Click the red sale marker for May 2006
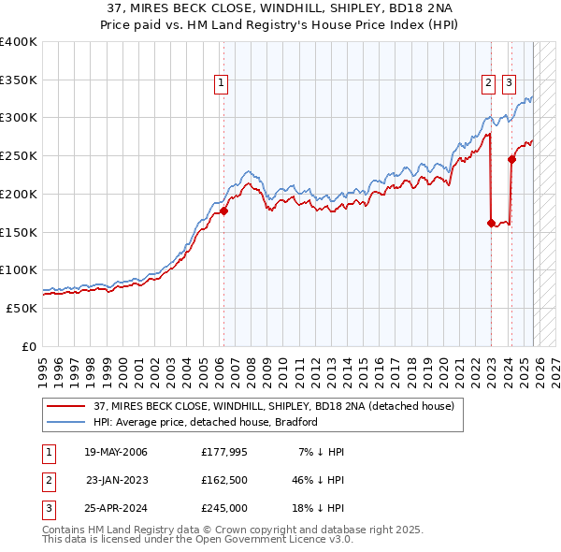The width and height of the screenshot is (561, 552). tap(223, 211)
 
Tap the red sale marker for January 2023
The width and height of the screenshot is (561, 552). tap(491, 223)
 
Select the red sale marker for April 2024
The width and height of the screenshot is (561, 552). tap(511, 159)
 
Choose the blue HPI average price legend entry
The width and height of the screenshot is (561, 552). tap(206, 422)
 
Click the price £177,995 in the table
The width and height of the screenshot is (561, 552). tap(223, 452)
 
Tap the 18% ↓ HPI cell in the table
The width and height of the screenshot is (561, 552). tap(317, 508)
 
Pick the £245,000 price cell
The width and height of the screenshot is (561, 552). tap(223, 508)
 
